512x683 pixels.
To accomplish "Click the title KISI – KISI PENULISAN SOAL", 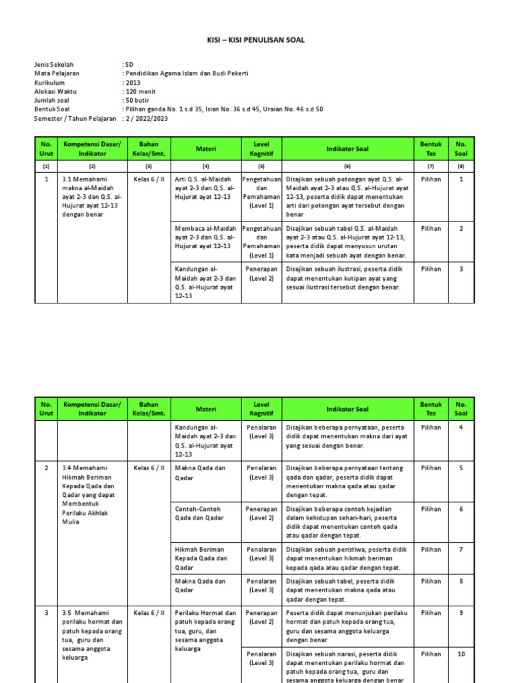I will [256, 40].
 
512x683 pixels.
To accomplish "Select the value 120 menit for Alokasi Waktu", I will [141, 91].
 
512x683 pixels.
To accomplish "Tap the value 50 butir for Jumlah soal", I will [139, 100].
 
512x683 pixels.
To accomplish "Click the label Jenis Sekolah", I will [55, 65].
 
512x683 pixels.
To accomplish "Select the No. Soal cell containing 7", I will [461, 550].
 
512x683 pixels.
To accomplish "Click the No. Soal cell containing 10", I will [461, 654].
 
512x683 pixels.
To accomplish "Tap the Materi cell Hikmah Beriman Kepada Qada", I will [201, 558].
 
